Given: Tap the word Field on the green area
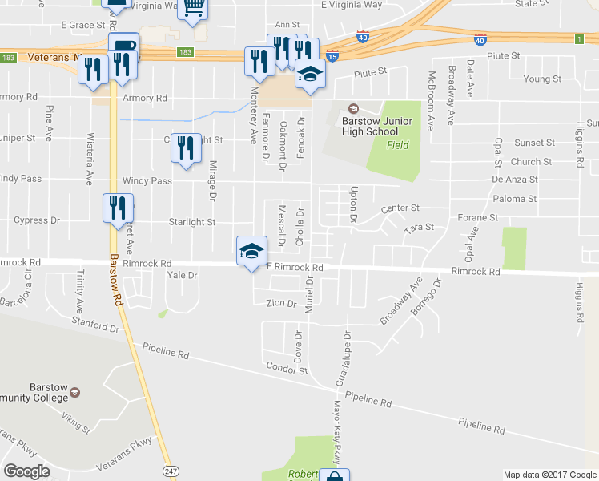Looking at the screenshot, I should [398, 145].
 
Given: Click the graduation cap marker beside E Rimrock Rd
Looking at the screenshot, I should [251, 252].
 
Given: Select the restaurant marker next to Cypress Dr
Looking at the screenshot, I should [118, 208].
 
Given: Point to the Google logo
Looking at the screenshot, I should [26, 471].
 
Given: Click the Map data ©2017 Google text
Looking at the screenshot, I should [549, 475].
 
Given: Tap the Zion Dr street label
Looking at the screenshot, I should [281, 303].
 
